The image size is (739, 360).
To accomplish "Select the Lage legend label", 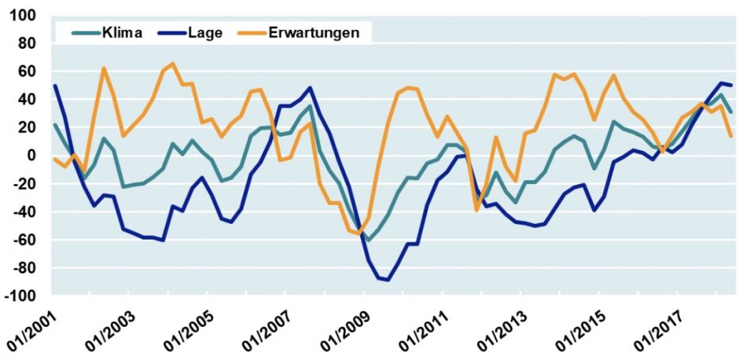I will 207,33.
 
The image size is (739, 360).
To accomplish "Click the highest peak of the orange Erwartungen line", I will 173,64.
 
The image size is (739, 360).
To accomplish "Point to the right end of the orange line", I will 731,136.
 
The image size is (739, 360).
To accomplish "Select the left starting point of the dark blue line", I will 55,86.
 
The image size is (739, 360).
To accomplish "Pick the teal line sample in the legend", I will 84,33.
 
